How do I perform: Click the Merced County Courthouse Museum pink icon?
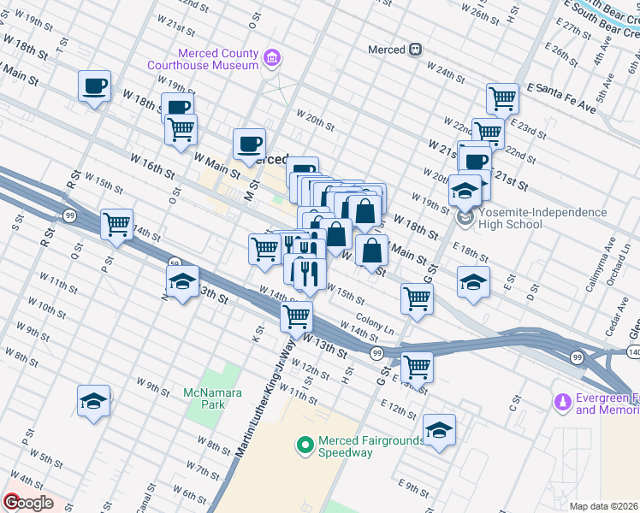pyautogui.click(x=272, y=58)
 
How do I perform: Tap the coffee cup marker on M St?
pyautogui.click(x=250, y=144)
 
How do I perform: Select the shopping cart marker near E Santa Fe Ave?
pyautogui.click(x=502, y=97)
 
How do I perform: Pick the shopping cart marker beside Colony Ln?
pyautogui.click(x=417, y=299)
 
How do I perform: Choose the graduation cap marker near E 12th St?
pyautogui.click(x=439, y=430)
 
